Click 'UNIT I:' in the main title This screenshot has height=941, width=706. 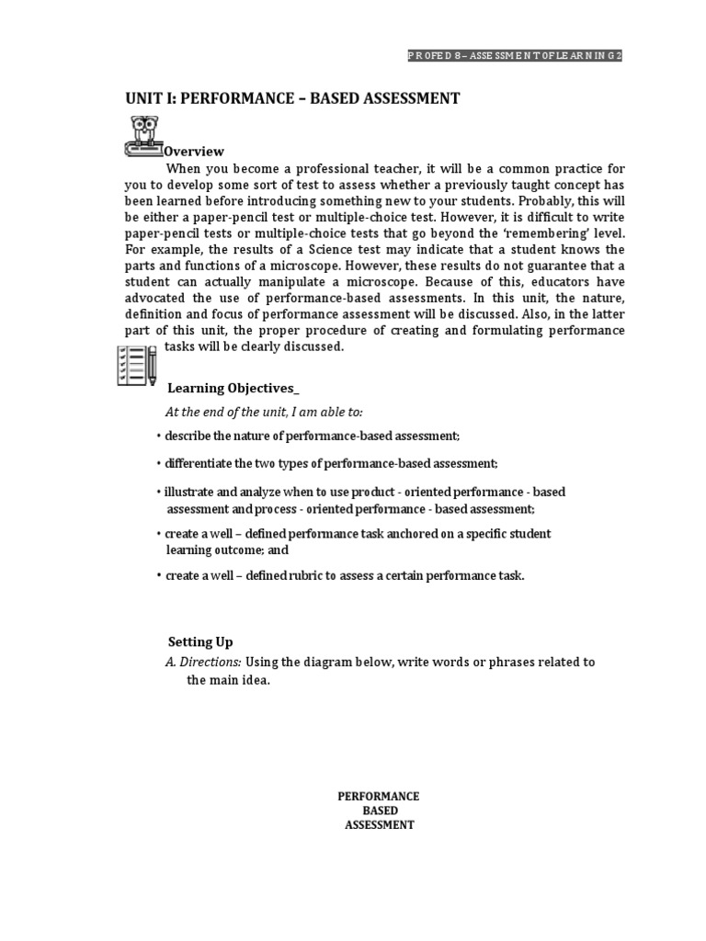click(147, 98)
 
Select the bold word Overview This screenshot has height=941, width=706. click(194, 151)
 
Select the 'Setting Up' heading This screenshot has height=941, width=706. click(200, 641)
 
